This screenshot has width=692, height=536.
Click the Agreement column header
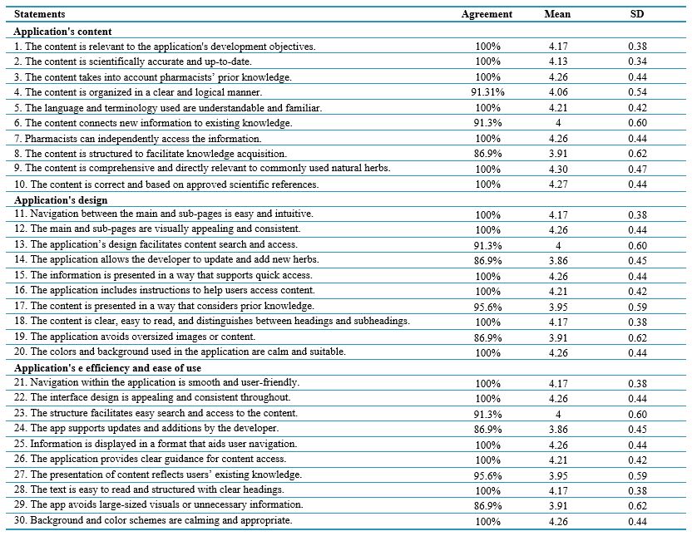(x=487, y=14)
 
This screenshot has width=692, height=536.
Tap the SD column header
(x=637, y=14)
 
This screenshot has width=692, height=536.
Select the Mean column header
(x=557, y=14)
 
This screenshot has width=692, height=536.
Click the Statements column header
(x=39, y=14)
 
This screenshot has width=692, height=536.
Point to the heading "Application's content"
(x=62, y=32)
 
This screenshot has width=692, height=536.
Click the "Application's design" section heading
(x=61, y=200)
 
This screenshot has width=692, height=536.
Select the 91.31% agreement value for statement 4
(x=487, y=92)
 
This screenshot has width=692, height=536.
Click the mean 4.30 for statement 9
(x=558, y=169)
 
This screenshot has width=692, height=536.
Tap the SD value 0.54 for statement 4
(x=638, y=92)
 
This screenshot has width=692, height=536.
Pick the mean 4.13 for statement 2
(x=558, y=61)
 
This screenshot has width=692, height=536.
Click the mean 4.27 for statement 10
(x=558, y=184)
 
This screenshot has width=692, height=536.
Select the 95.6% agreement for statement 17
(x=487, y=307)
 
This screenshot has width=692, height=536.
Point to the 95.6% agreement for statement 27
(x=487, y=476)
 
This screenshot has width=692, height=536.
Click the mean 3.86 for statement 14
(x=558, y=261)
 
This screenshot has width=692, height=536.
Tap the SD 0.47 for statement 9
(x=638, y=169)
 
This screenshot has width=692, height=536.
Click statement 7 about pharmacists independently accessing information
(x=138, y=139)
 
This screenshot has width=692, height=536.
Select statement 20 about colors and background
(x=180, y=352)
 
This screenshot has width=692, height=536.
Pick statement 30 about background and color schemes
(x=153, y=520)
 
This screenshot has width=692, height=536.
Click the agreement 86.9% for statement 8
(x=487, y=154)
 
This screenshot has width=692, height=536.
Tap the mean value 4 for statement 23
(x=558, y=415)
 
